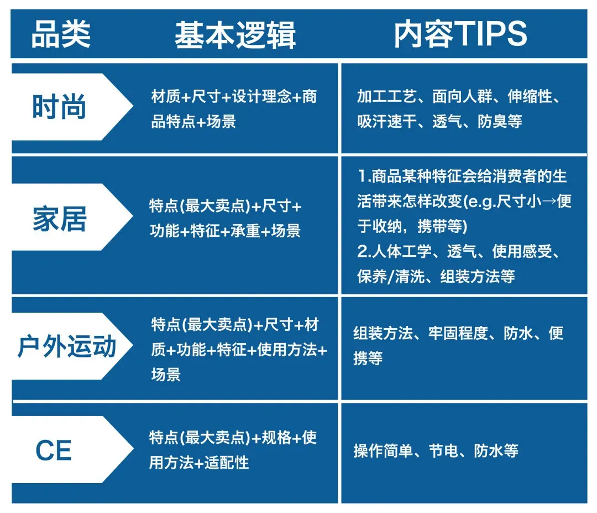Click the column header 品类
click(x=61, y=34)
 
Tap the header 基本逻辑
click(x=235, y=35)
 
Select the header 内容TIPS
click(x=460, y=34)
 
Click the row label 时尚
click(x=59, y=107)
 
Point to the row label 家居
click(x=60, y=219)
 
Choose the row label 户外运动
click(x=67, y=346)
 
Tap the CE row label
click(x=53, y=450)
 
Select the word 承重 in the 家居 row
click(x=245, y=231)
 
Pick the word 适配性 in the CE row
click(x=227, y=463)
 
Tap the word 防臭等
click(x=500, y=122)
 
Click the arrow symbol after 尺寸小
click(x=549, y=201)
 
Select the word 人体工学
click(x=402, y=252)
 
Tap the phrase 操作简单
click(x=383, y=451)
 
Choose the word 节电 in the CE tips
click(x=443, y=451)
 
